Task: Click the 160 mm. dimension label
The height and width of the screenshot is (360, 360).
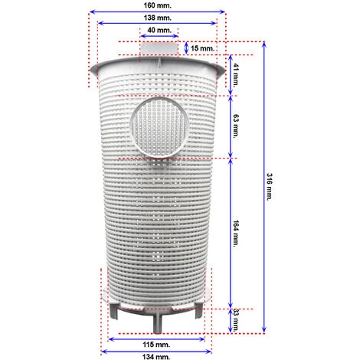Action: pyautogui.click(x=157, y=5)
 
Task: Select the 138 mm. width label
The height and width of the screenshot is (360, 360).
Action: pyautogui.click(x=157, y=18)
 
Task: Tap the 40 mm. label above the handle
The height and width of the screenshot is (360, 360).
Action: pyautogui.click(x=159, y=30)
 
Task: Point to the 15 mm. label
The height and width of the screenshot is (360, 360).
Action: pyautogui.click(x=203, y=48)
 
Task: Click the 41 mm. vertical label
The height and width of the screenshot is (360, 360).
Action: pyautogui.click(x=236, y=75)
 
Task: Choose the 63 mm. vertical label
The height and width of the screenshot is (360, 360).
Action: pyautogui.click(x=236, y=126)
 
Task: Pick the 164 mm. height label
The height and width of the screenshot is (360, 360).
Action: pyautogui.click(x=236, y=234)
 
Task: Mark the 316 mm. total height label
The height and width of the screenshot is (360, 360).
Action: pyautogui.click(x=270, y=187)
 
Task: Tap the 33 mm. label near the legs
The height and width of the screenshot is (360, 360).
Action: pyautogui.click(x=236, y=320)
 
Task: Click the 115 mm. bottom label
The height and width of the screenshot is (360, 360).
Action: pyautogui.click(x=156, y=345)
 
